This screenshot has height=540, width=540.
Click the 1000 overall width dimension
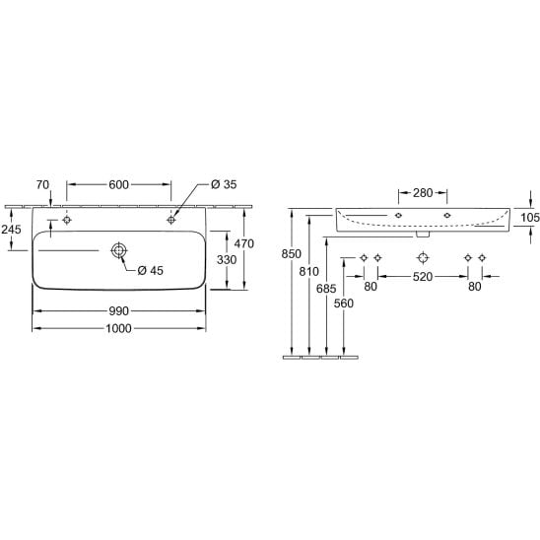click(118, 328)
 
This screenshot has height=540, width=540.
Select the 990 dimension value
click(118, 311)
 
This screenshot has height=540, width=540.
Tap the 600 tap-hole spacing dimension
click(118, 184)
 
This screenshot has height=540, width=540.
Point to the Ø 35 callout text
click(224, 184)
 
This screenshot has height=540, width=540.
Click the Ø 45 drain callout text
click(150, 270)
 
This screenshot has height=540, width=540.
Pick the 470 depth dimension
click(243, 243)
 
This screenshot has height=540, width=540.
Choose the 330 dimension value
click(227, 260)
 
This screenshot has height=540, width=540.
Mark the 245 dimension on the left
click(11, 229)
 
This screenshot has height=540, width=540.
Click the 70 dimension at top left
click(42, 185)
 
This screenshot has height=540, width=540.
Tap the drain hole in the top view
click(119, 250)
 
